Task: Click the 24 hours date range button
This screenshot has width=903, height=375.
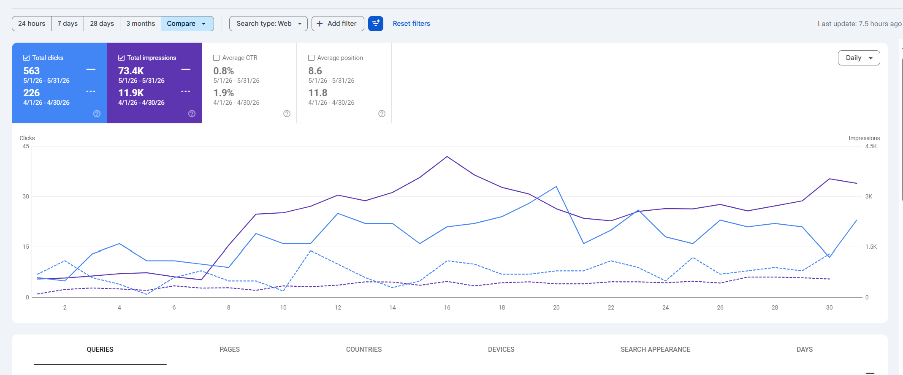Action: point(32,24)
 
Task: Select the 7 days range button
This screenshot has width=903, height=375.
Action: point(68,24)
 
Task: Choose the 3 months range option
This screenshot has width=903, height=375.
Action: point(141,24)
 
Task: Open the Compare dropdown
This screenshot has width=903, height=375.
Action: point(187,24)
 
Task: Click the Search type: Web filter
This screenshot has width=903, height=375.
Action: point(269,24)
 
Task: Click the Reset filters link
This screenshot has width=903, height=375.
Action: point(411,24)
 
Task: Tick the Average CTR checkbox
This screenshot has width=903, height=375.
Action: point(217,58)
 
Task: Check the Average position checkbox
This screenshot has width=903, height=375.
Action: point(312,58)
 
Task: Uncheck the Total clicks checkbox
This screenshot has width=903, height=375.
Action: point(27,58)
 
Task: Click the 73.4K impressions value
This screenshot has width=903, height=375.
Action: point(131,71)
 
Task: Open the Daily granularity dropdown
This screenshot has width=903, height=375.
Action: point(859,58)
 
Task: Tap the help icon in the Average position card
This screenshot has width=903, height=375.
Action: point(382,114)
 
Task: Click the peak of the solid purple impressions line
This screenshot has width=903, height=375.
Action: point(447,157)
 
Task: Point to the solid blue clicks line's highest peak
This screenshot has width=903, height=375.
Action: point(556,186)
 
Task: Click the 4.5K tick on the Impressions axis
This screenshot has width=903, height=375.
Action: point(871,146)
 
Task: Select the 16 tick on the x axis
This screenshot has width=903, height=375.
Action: point(447,307)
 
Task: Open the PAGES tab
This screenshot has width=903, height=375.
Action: point(230,350)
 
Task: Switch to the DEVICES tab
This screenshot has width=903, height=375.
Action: point(501,350)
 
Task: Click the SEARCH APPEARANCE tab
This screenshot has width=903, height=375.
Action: point(655,350)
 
